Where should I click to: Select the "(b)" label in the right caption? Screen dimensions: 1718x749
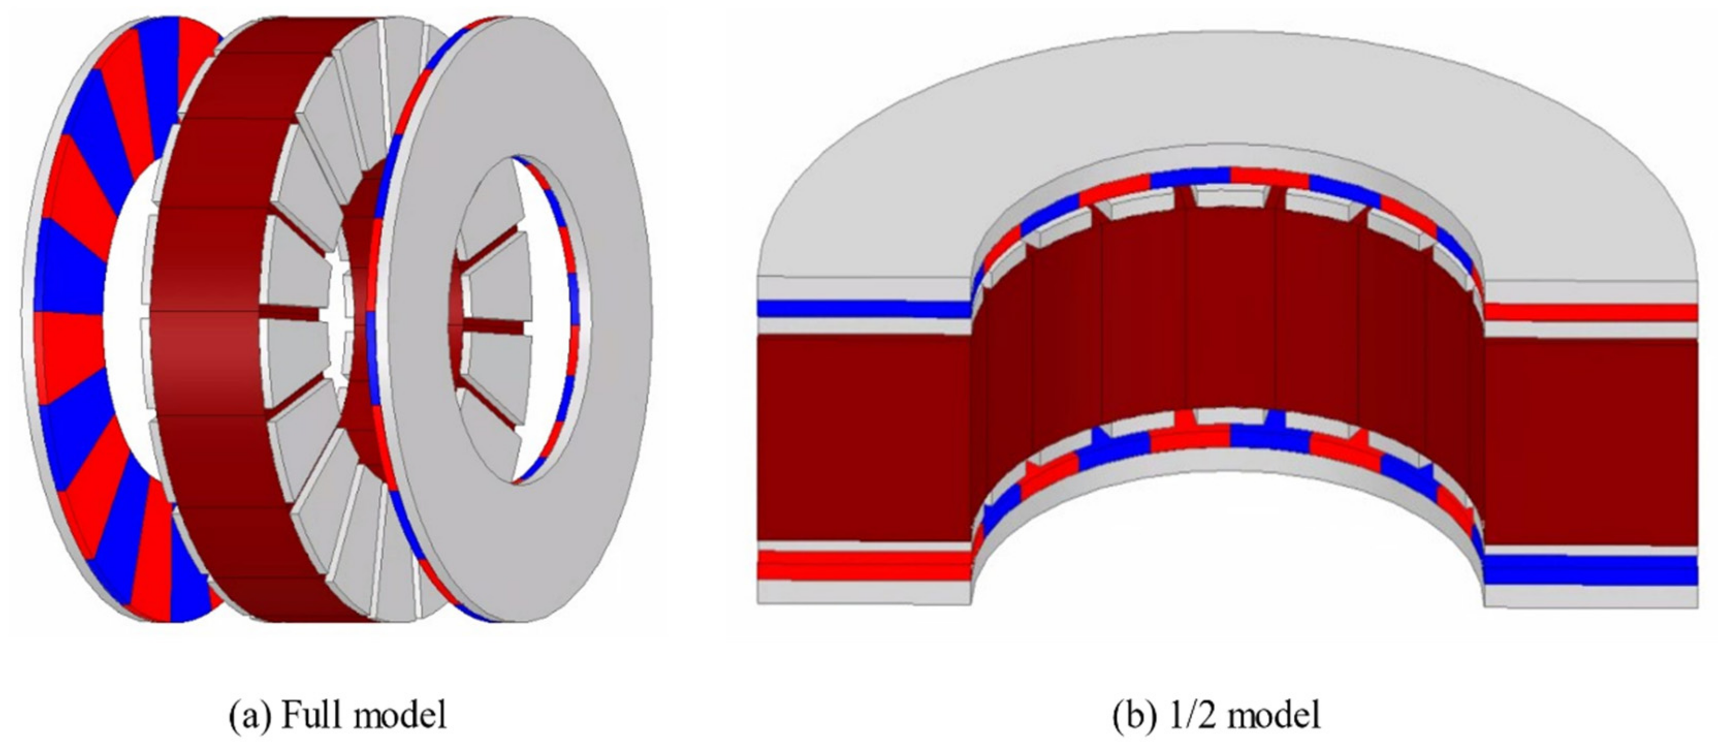[1135, 715]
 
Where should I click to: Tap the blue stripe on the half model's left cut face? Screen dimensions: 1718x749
[864, 308]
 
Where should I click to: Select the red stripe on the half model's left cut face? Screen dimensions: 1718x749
[864, 565]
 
